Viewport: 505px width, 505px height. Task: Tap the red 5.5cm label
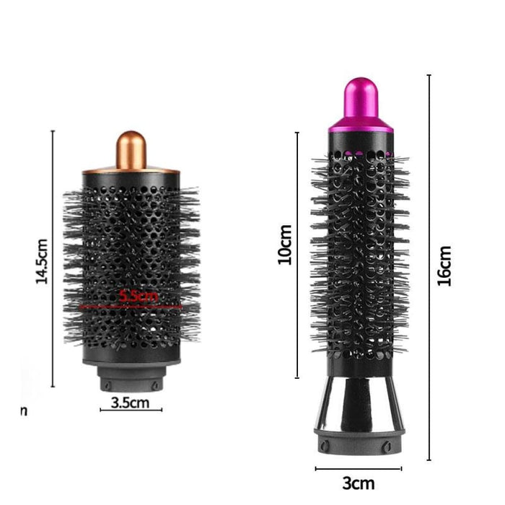point(138,295)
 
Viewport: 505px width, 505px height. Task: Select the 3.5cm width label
point(131,403)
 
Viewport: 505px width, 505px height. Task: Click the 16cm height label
point(444,265)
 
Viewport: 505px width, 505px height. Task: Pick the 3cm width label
point(357,482)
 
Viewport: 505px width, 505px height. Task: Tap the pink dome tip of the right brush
point(361,101)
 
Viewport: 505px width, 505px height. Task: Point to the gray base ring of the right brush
point(359,442)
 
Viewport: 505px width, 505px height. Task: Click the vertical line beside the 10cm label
point(297,255)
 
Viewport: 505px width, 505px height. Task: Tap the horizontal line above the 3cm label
point(358,469)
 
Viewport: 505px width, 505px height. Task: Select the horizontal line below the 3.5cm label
point(131,410)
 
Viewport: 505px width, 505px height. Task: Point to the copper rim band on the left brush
point(131,172)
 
